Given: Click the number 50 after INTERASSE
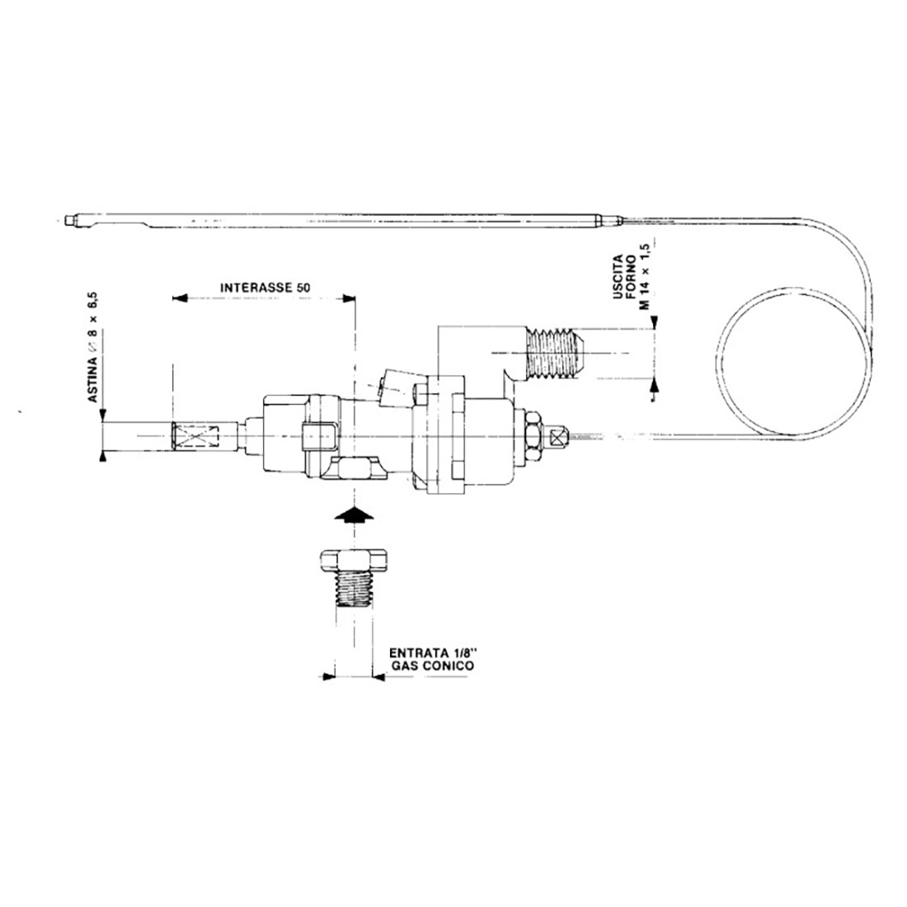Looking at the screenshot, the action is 304,287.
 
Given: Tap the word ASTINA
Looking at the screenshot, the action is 92,379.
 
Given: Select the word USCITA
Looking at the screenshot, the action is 618,278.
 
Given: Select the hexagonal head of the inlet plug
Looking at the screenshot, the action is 354,560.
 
